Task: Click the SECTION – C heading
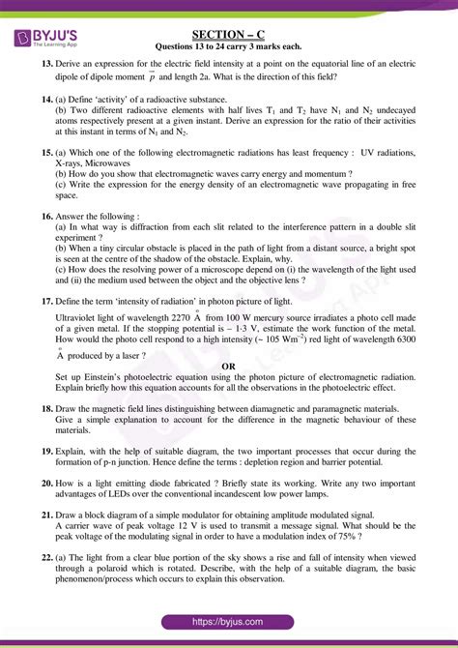tap(228, 34)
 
